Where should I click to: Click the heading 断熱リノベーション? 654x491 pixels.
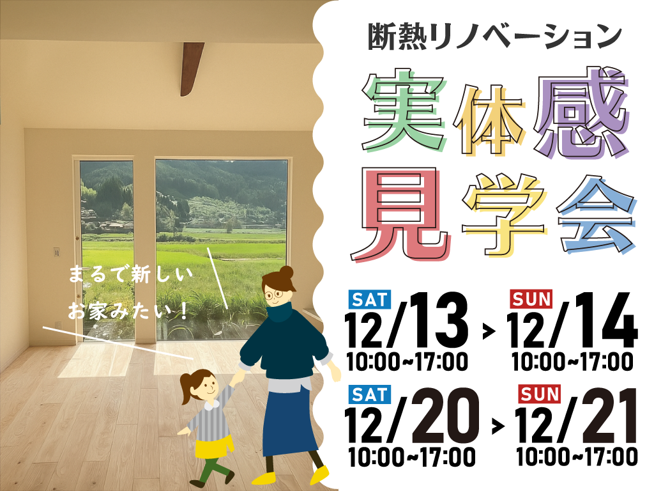point(495,36)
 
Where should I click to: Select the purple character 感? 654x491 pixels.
point(582,112)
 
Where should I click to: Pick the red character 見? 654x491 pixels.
point(401,215)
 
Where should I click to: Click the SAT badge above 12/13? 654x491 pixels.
point(370,299)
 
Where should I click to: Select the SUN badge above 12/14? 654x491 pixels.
point(531,299)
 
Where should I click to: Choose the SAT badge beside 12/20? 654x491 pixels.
point(370,394)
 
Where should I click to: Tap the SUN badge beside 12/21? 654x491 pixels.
point(539,394)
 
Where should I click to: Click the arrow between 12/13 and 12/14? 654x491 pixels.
point(489,331)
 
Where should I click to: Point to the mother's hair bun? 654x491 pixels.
point(286,272)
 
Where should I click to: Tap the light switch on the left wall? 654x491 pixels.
point(57,252)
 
